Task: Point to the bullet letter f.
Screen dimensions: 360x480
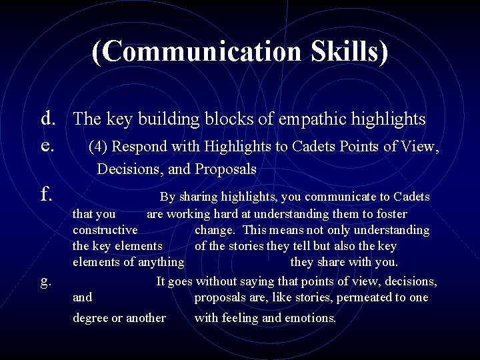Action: click(47, 193)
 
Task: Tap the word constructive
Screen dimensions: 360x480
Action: click(105, 230)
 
